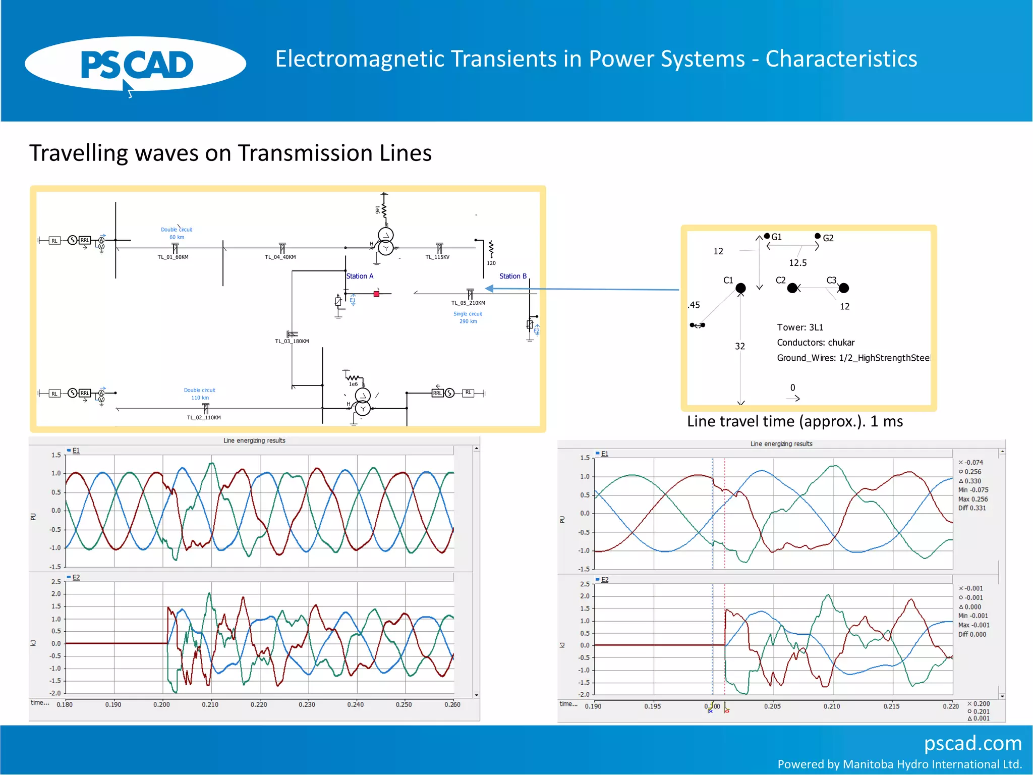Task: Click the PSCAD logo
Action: point(135,65)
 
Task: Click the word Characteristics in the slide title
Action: point(841,59)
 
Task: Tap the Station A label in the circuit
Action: point(360,276)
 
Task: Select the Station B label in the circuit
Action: point(512,276)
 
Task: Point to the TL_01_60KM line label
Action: point(173,257)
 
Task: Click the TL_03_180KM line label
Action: point(292,342)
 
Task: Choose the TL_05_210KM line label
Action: point(468,303)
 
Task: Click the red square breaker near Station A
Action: point(376,294)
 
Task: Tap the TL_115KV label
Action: point(437,257)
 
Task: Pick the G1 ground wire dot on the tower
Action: point(767,236)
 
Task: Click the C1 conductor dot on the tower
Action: point(740,288)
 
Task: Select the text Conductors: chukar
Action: point(816,343)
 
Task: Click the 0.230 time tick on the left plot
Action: point(307,705)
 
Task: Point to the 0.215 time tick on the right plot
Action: point(891,706)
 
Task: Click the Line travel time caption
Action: point(794,421)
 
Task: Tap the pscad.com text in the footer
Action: point(972,743)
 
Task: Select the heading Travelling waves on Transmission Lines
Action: point(231,153)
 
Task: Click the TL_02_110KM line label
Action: point(204,418)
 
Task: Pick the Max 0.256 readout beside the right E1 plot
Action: point(973,499)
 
